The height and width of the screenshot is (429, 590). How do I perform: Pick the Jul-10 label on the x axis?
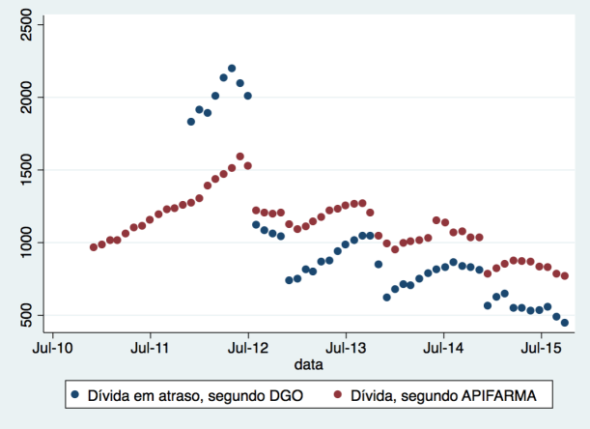pyautogui.click(x=52, y=346)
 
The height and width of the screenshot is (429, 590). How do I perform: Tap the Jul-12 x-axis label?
pyautogui.click(x=248, y=346)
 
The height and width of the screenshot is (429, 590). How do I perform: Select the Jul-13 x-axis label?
pyautogui.click(x=346, y=346)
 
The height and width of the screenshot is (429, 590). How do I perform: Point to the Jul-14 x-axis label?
pyautogui.click(x=443, y=346)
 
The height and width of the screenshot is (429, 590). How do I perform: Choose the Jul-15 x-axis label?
pyautogui.click(x=541, y=346)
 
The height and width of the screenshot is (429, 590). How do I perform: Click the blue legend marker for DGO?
pyautogui.click(x=74, y=396)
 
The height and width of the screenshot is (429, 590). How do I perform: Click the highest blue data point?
pyautogui.click(x=232, y=69)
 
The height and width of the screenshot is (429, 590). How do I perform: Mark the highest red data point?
pyautogui.click(x=239, y=157)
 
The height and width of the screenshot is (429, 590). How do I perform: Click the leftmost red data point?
pyautogui.click(x=94, y=247)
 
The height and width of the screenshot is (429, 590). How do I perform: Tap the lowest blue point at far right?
pyautogui.click(x=565, y=323)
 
